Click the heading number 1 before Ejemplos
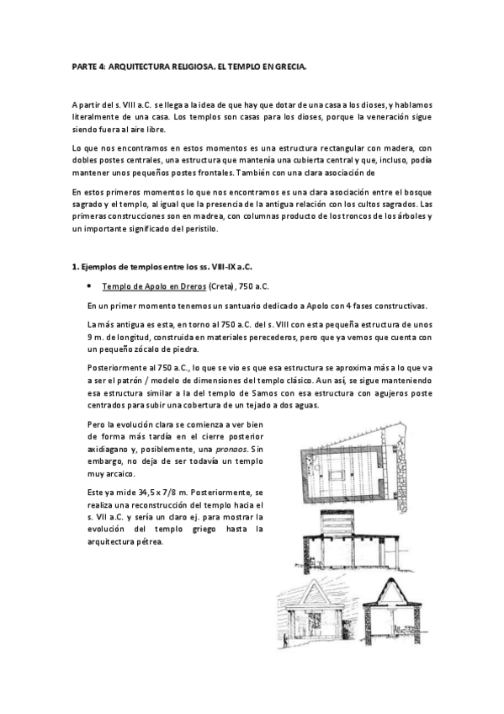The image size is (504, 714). coord(74,267)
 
